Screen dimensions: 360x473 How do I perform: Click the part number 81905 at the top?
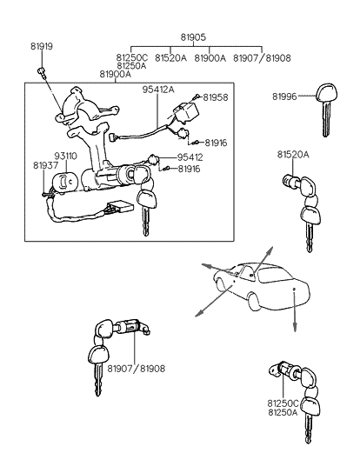click(x=193, y=37)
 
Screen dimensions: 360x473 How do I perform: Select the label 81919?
click(x=42, y=46)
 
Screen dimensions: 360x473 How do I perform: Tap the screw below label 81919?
click(x=41, y=71)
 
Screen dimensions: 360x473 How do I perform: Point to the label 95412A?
click(x=158, y=90)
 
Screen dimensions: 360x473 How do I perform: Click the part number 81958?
click(x=216, y=97)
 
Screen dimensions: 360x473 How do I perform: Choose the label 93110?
click(x=66, y=157)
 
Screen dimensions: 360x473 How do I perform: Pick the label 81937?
click(x=45, y=165)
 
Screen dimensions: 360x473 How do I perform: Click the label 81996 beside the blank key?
click(x=284, y=97)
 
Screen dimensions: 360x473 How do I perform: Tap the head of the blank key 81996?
click(x=326, y=93)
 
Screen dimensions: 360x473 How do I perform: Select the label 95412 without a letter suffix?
click(x=190, y=157)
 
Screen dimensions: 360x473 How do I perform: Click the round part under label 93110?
click(x=65, y=182)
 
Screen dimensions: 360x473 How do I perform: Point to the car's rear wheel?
click(x=255, y=302)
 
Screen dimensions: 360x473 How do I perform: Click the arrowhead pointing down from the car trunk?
click(x=295, y=328)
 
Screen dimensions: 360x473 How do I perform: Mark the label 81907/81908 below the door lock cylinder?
click(x=137, y=369)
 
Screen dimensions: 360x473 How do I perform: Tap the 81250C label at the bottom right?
click(x=283, y=403)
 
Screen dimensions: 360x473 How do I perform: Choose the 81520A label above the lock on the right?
click(x=293, y=155)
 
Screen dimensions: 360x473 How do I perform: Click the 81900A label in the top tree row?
click(x=210, y=58)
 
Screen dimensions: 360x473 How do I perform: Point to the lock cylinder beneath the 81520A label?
click(x=291, y=181)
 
